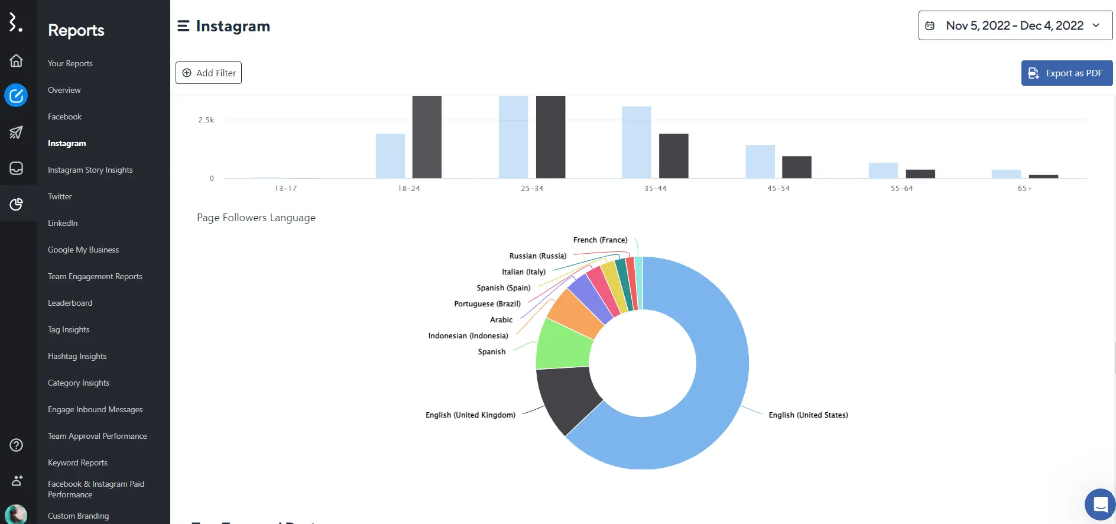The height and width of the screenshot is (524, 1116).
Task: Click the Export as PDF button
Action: click(1066, 73)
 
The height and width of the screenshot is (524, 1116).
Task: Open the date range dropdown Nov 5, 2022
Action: click(1015, 26)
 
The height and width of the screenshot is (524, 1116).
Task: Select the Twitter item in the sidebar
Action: click(60, 196)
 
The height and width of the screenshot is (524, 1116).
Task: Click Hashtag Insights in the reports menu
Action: click(77, 356)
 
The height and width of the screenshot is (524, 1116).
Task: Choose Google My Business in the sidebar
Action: click(83, 250)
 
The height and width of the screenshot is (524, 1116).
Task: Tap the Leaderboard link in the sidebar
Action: click(70, 303)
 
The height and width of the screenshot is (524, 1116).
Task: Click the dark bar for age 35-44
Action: click(673, 156)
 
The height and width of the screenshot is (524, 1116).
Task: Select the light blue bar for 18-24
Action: click(390, 156)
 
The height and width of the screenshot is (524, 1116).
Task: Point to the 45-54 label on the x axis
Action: click(778, 189)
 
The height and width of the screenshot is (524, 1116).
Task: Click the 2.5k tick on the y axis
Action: click(206, 120)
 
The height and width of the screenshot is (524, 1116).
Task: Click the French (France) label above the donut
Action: click(600, 240)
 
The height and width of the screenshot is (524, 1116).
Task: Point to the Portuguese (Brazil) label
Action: click(487, 304)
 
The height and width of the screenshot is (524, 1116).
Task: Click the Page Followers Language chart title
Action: click(256, 218)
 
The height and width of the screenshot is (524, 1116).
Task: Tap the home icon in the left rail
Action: click(17, 61)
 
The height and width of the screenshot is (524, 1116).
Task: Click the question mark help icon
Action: click(17, 445)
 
